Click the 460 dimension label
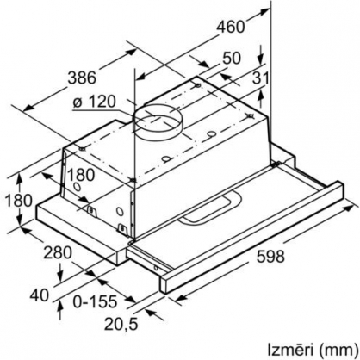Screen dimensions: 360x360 (230, 27)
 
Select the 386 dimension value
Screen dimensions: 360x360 (82, 78)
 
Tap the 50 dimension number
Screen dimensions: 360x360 (232, 58)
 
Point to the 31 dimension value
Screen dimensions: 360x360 (261, 78)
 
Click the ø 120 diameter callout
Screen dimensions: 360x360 (94, 102)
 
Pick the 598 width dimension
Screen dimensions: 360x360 (270, 256)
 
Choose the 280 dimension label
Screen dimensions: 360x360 (58, 253)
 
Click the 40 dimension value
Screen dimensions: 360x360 (40, 295)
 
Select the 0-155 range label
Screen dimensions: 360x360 (95, 301)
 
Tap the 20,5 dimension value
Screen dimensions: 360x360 (121, 324)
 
